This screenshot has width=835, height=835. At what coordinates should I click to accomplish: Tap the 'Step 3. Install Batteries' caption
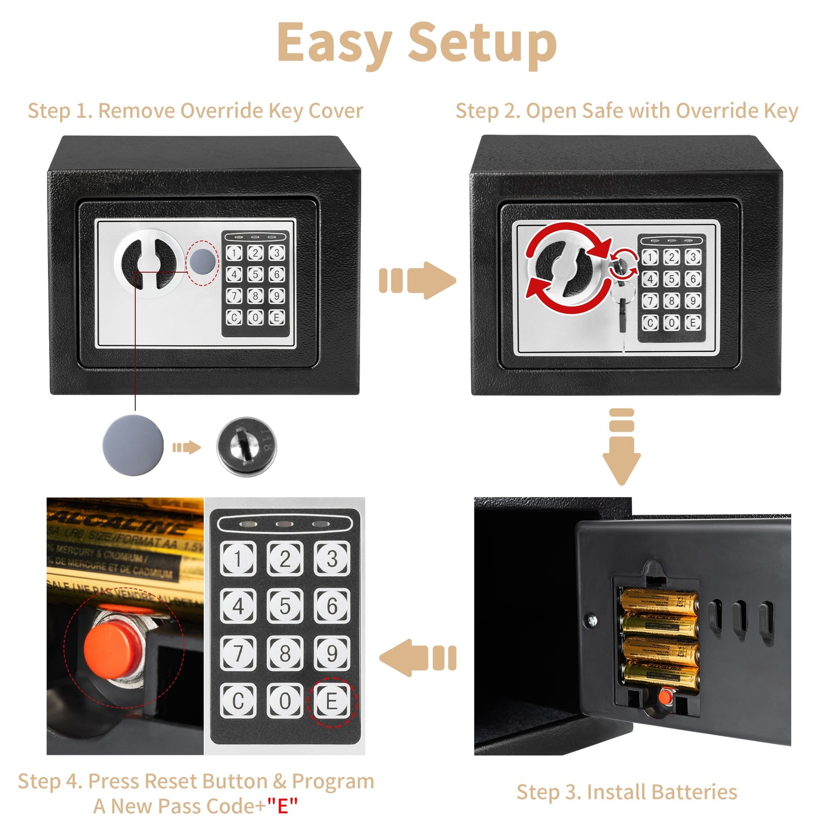pos(626,792)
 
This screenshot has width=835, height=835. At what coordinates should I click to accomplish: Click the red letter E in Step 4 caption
pos(282,806)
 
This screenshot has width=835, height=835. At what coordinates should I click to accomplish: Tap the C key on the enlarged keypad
pos(238,700)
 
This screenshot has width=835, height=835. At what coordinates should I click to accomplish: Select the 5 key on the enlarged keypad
pos(285,606)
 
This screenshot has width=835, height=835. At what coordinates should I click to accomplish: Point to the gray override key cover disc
pos(133,445)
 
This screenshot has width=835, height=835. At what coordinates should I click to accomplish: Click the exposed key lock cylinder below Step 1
pos(246,446)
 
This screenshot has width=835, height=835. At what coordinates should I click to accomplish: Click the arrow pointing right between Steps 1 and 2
pos(417,280)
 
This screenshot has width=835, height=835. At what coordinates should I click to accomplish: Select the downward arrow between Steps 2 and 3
pos(621,446)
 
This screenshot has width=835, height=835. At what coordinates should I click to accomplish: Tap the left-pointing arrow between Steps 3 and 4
pos(417,658)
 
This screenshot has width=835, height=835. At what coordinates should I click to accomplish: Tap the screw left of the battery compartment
pos(592,620)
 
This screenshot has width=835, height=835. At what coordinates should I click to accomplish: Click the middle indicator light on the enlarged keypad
pos(284,524)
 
